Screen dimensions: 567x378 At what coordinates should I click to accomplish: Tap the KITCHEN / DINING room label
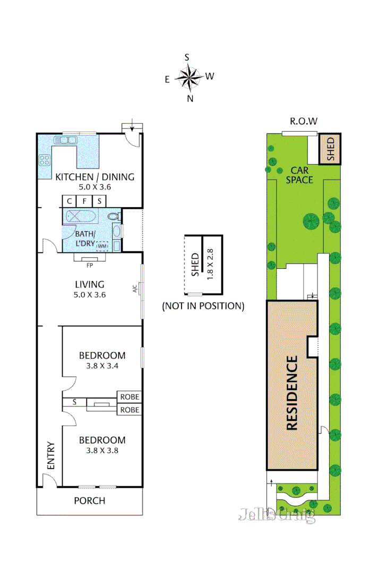pos(94,177)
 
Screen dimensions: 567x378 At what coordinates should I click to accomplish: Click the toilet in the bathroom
pos(113,216)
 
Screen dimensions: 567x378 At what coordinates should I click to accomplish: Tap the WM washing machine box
pos(102,246)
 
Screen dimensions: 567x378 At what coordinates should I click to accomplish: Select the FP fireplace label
pos(89,264)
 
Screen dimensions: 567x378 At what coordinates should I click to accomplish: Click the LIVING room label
pos(89,284)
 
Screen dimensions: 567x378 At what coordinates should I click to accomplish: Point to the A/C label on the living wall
pos(135,289)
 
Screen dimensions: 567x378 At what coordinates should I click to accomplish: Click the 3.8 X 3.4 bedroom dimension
pos(102,366)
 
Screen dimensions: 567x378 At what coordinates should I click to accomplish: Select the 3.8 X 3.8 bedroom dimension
pos(102,450)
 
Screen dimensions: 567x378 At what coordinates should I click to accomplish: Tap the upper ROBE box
pos(130,397)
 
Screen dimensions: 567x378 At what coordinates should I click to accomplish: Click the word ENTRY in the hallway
pos(51,455)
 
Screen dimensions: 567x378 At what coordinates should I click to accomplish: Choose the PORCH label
pos(89,501)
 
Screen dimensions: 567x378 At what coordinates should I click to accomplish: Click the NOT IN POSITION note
pos(203,306)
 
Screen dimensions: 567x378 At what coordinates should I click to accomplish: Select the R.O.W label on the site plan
pos(303,121)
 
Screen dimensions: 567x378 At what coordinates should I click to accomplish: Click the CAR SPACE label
pos(299,175)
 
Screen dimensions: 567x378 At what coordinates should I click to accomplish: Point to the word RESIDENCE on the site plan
pos(293,393)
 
